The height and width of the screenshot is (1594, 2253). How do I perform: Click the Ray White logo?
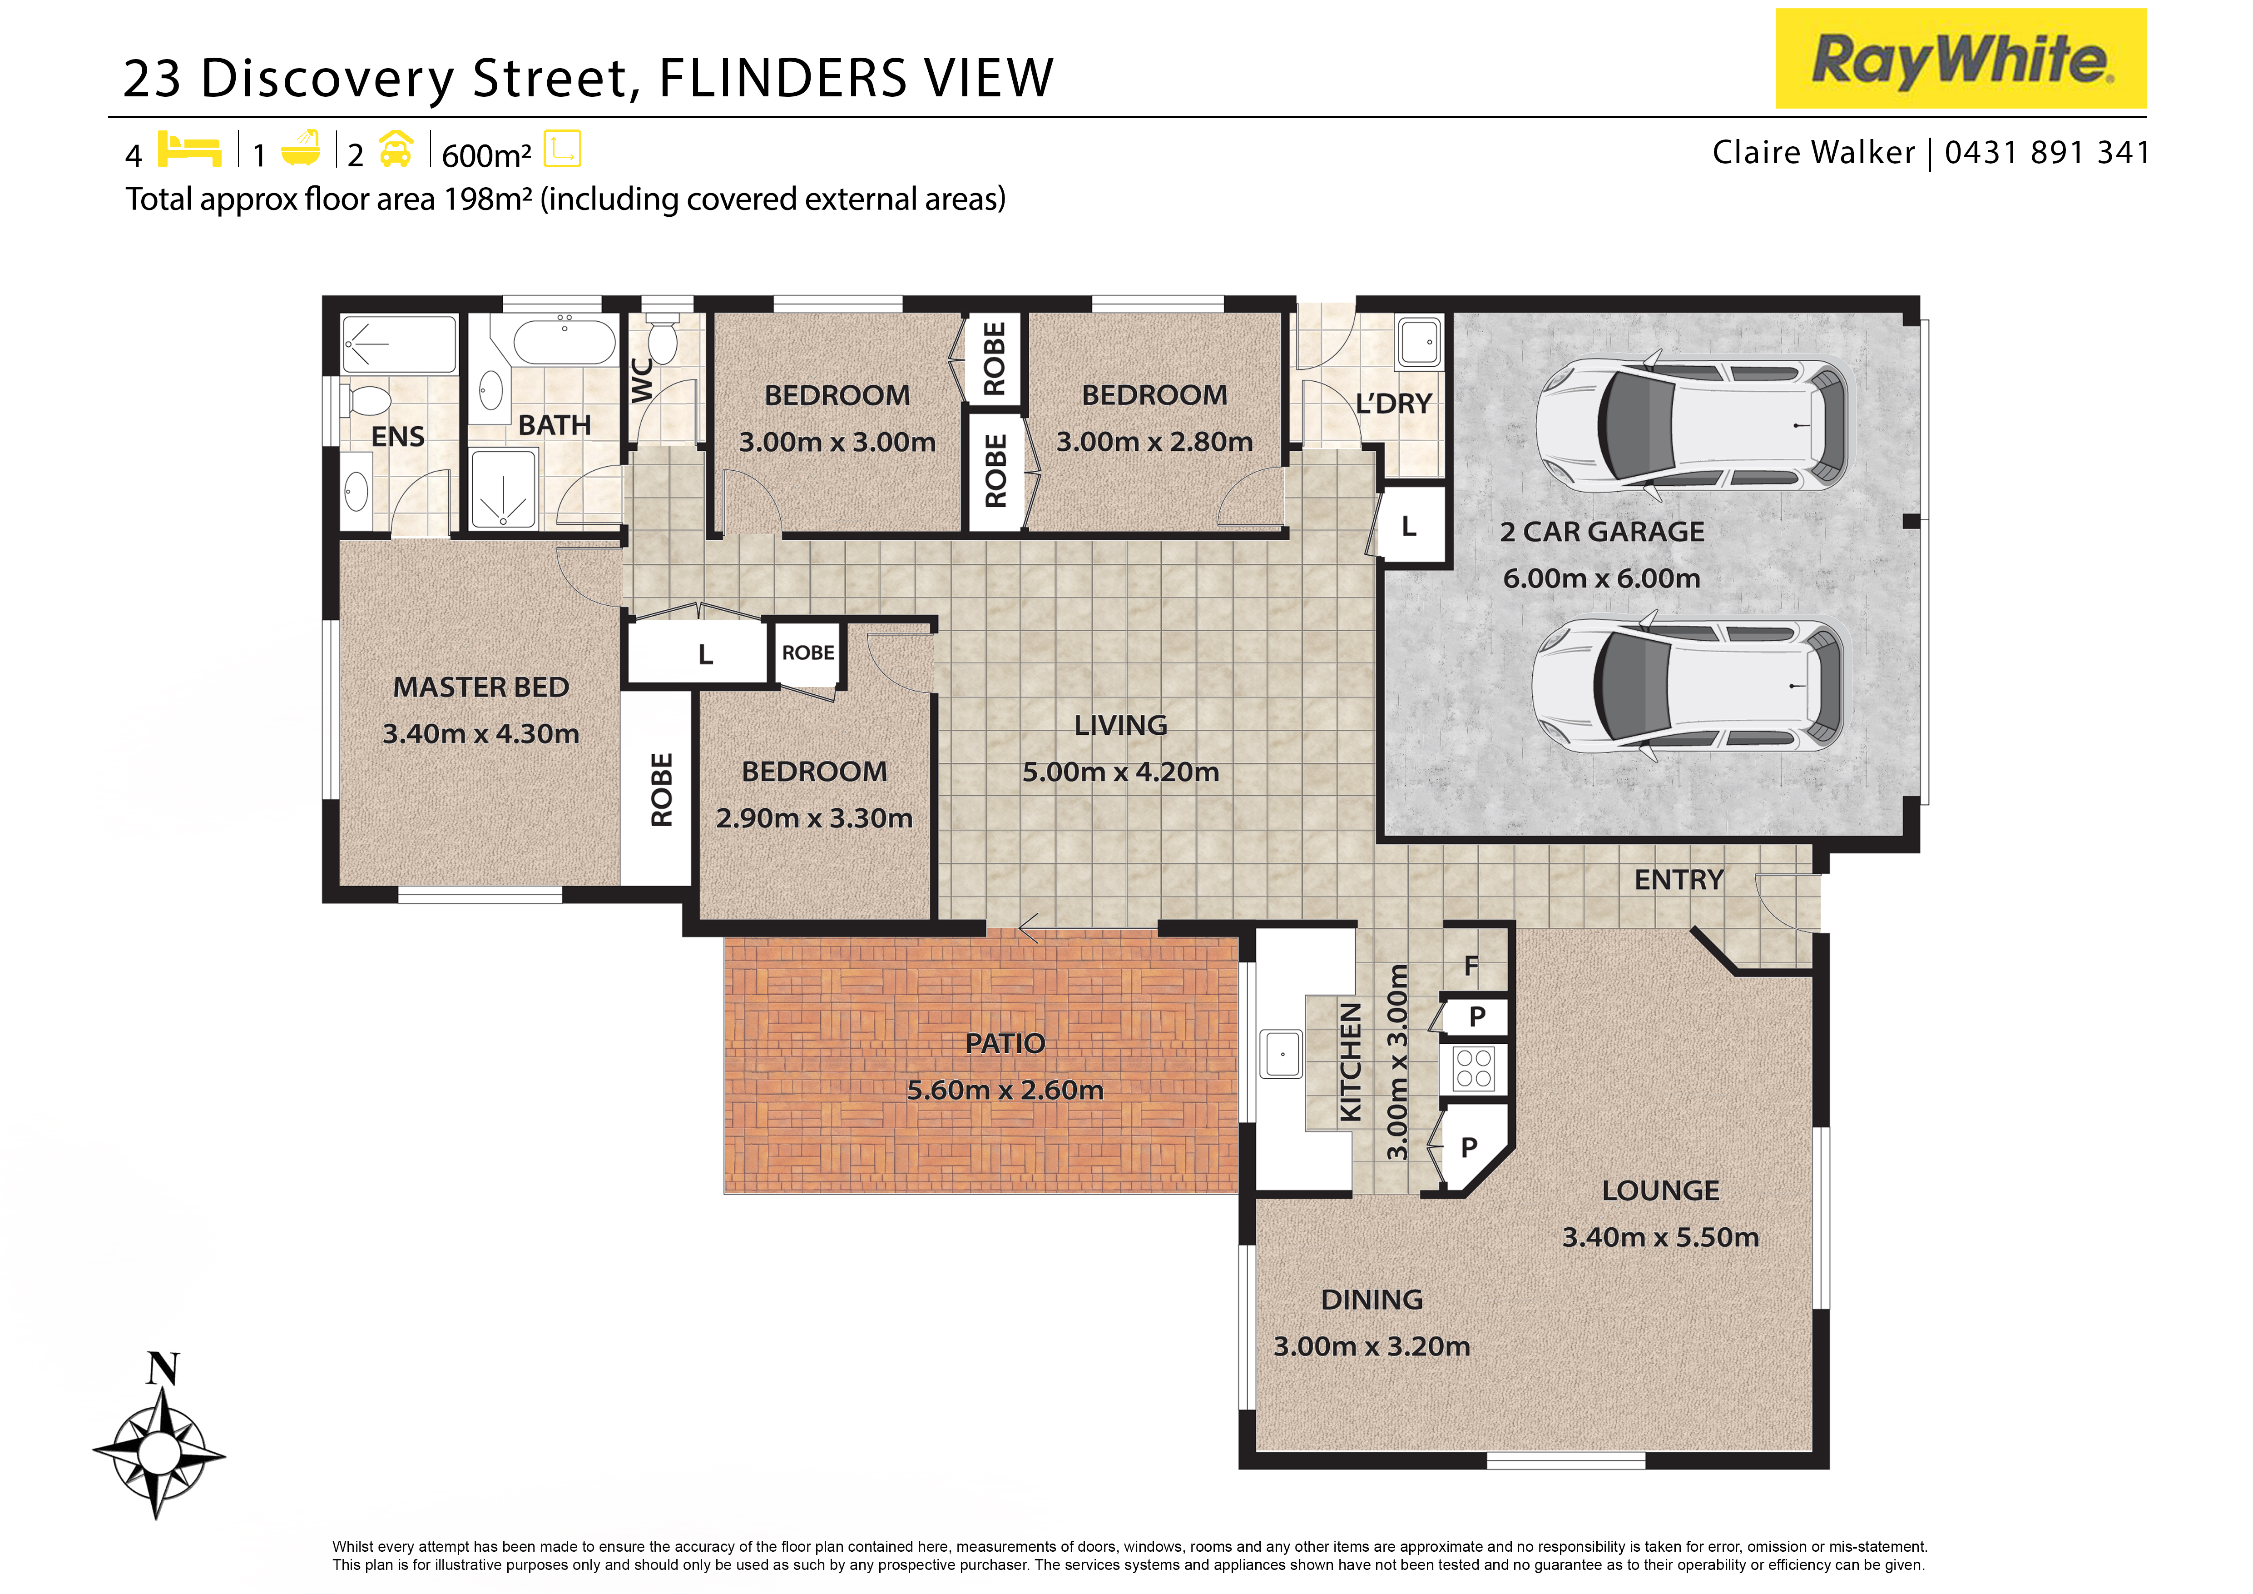1961,59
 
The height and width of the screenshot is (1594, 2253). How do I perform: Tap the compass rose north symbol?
163,1368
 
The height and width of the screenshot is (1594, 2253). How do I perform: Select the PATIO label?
1005,1043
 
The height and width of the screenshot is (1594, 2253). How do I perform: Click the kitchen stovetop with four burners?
1474,1068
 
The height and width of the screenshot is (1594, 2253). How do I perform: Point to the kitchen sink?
1282,1054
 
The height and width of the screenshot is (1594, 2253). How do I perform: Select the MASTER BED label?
481,687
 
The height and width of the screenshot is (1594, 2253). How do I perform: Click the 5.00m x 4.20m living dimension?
1121,772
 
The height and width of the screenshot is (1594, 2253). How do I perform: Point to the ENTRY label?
1679,879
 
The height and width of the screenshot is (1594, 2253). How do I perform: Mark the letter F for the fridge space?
1471,966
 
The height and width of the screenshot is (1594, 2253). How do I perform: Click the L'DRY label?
1393,403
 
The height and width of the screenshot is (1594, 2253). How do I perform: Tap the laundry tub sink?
1419,342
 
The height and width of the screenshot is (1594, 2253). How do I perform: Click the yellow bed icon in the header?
189,149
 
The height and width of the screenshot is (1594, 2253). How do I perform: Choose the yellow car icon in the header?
396,149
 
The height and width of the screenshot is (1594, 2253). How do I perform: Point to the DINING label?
1372,1300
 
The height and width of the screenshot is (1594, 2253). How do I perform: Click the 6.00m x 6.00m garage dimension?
1601,578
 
